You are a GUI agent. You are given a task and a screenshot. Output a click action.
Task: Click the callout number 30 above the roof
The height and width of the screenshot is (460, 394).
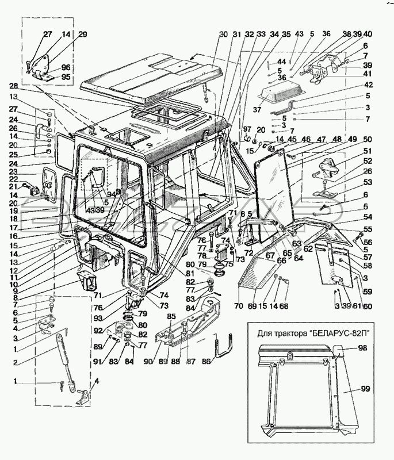coord(223,34)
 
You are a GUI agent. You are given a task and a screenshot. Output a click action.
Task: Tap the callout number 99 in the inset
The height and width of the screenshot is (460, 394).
coord(366,389)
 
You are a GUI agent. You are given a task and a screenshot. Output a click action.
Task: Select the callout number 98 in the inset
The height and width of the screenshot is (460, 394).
coord(362,348)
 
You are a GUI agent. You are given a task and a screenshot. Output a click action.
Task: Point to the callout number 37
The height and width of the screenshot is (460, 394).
coord(257,110)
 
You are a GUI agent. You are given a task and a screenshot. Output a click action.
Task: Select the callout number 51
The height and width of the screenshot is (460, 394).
coord(368,151)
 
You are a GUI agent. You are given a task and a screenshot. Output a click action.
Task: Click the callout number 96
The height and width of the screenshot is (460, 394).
coord(66,68)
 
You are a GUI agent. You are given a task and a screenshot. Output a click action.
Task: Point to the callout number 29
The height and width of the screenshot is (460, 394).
coord(82,34)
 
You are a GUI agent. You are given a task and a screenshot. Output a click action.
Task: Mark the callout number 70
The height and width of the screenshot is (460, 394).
coord(239,306)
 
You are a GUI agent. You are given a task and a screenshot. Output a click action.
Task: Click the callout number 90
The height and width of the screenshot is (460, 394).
coord(148,362)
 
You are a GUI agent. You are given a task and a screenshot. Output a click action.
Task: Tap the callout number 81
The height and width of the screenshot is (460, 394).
coord(190,274)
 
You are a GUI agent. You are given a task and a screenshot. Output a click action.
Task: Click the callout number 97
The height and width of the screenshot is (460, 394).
coord(247,130)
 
